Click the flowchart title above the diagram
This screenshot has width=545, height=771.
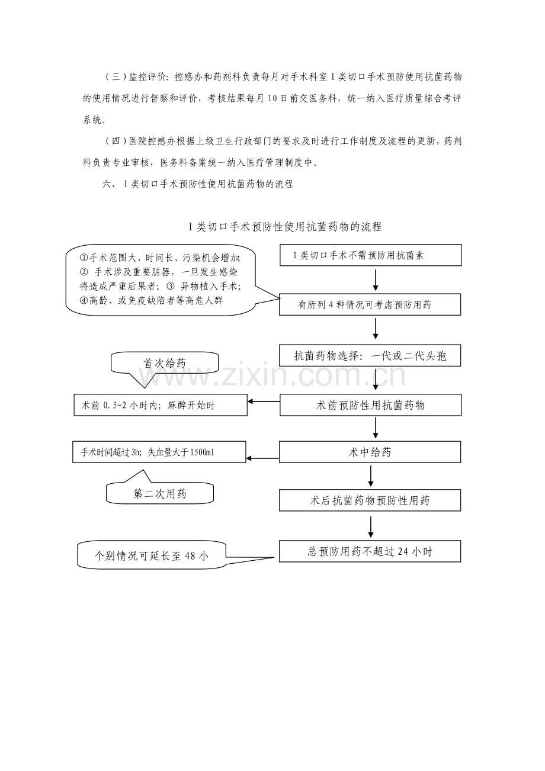[x=284, y=226]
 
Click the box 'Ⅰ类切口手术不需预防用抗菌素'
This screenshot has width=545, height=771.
[x=370, y=256]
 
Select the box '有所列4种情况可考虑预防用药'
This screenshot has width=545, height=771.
[x=370, y=306]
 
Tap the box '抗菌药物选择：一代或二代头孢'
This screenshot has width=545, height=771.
[x=370, y=356]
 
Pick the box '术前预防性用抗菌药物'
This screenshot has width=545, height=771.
[x=370, y=406]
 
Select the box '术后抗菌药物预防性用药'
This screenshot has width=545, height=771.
[x=370, y=500]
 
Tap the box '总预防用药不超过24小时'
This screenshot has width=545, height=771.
[x=370, y=551]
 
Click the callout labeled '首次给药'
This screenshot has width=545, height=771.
[x=165, y=363]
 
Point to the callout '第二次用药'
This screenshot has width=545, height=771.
[x=160, y=493]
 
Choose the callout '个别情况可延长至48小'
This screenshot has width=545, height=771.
[x=152, y=556]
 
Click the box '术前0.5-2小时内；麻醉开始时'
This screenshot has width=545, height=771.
[x=160, y=406]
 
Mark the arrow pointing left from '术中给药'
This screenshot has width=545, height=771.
[x=263, y=458]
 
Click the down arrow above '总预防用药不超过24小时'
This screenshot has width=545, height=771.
[x=371, y=527]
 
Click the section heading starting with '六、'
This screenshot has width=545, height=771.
[x=198, y=184]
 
